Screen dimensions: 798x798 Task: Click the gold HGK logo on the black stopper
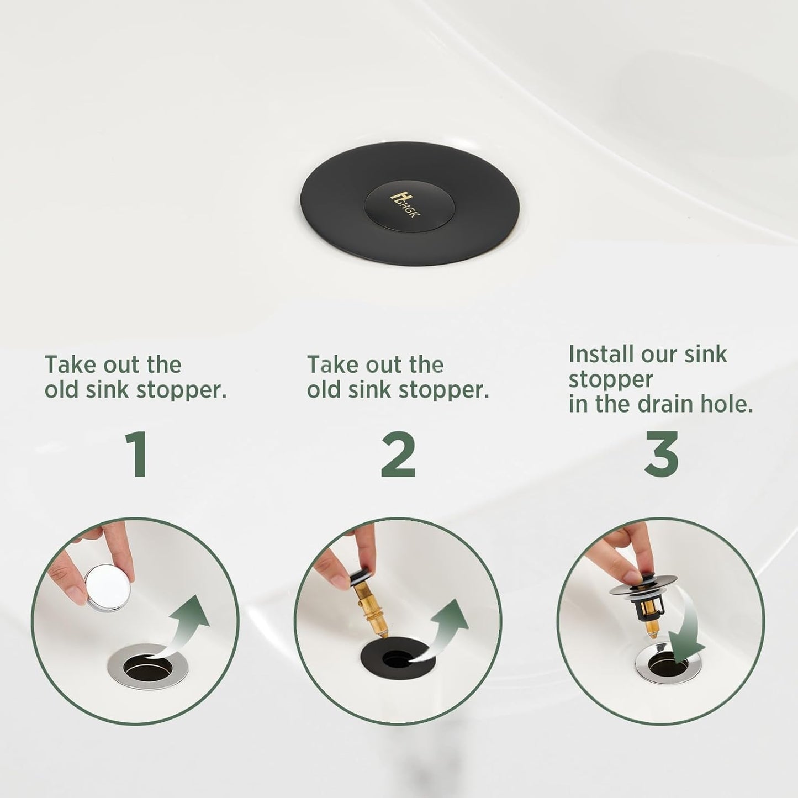(x=405, y=204)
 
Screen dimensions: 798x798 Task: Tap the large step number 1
(x=135, y=455)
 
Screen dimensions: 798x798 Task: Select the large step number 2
(x=398, y=455)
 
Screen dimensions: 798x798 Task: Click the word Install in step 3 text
(x=601, y=355)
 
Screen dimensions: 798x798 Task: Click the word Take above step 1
(x=69, y=365)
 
